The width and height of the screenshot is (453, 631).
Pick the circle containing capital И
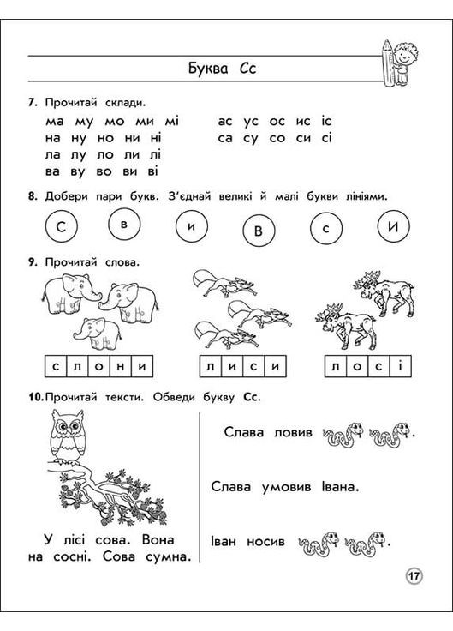393,227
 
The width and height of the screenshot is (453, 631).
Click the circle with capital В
259,230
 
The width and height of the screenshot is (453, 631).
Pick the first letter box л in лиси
211,367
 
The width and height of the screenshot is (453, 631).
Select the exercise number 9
32,261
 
